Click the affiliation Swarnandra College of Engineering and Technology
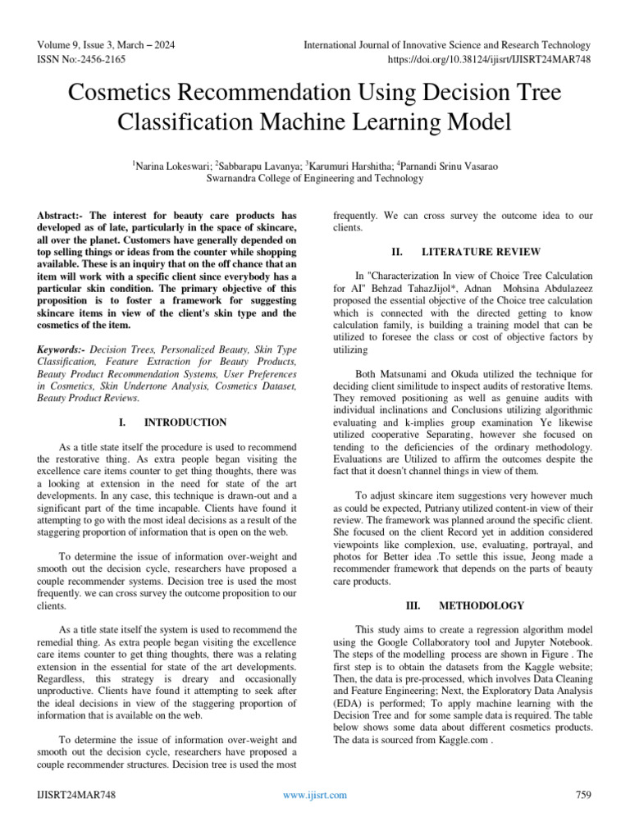pos(315,178)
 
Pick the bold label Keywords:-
pos(62,349)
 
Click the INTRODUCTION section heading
pos(185,422)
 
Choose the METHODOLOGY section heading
pos(482,605)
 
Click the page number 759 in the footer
pos(583,795)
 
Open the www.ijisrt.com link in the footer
pos(314,795)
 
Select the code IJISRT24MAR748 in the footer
pos(76,795)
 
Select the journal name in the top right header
pos(446,45)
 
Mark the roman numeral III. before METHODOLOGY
pos(414,605)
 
